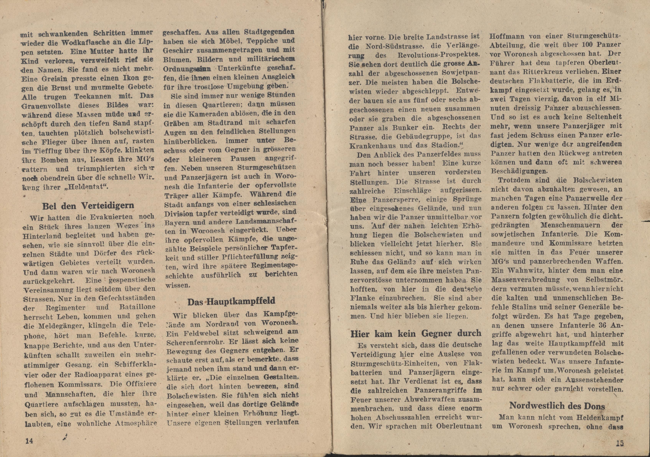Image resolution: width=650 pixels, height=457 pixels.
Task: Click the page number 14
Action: click(x=30, y=441)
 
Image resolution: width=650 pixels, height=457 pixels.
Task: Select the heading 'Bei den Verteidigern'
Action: click(x=88, y=205)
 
